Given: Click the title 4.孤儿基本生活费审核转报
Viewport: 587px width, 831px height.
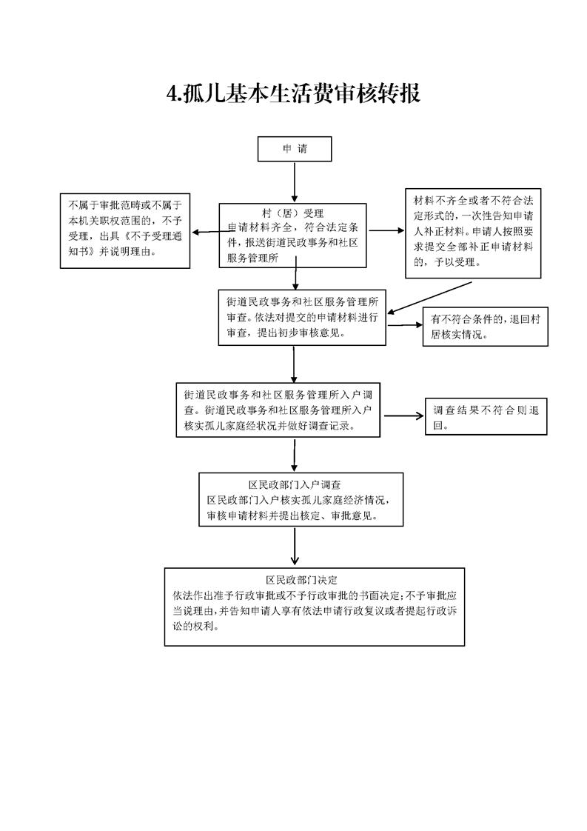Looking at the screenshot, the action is click(x=293, y=93).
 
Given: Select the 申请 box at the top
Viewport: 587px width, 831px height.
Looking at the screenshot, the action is click(x=295, y=149).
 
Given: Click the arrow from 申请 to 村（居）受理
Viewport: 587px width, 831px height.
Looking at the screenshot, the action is click(x=295, y=182).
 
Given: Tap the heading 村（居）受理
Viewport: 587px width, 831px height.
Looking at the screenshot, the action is click(x=292, y=213).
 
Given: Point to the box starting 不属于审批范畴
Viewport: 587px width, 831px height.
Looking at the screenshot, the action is click(x=125, y=230).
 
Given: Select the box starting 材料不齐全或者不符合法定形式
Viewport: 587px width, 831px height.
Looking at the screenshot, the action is click(x=473, y=233).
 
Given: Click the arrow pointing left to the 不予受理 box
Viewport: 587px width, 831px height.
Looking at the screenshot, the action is click(x=213, y=232).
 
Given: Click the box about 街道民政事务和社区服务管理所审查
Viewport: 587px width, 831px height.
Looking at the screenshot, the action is click(x=302, y=318).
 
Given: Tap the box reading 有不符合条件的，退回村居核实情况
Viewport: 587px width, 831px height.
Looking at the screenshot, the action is click(x=486, y=327).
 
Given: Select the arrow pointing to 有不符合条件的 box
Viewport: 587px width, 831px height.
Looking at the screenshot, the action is click(x=404, y=325).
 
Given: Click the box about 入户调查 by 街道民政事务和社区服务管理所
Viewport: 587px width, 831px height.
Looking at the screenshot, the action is click(x=278, y=410).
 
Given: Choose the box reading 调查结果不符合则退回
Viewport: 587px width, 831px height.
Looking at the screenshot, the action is click(x=486, y=416).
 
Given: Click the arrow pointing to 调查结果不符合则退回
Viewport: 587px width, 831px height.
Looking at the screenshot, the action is click(x=403, y=416).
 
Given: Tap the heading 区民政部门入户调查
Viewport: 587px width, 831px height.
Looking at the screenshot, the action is click(x=295, y=484).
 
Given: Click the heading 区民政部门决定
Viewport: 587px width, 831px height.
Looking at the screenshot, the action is click(x=301, y=581).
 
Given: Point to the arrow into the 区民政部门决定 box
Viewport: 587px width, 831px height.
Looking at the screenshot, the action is click(x=295, y=546).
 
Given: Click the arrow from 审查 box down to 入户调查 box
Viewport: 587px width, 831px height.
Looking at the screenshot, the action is click(x=293, y=364).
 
